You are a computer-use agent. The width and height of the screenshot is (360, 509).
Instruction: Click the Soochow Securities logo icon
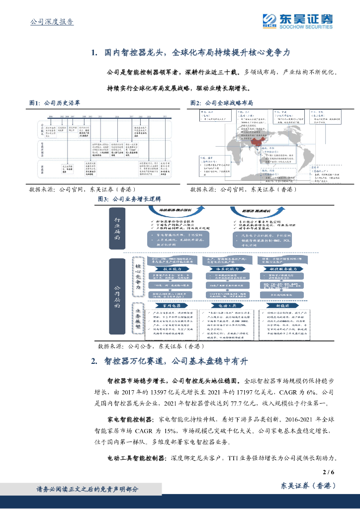pos(270,20)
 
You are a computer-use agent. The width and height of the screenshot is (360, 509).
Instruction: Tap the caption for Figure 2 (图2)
pos(222,103)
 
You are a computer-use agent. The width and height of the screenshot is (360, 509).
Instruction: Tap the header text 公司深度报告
pos(52,21)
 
